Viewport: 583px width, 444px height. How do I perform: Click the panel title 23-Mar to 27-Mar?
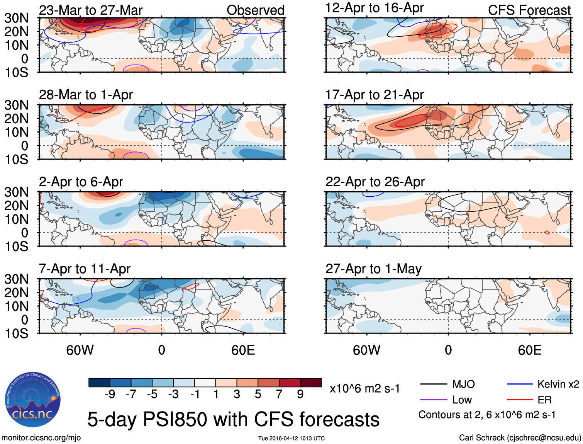pos(91,10)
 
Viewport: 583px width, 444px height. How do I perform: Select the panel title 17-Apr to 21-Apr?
pos(375,95)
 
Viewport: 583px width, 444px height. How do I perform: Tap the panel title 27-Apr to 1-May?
pos(373,269)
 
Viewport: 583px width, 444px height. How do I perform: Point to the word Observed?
pos(255,10)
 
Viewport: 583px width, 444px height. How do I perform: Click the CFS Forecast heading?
pos(529,10)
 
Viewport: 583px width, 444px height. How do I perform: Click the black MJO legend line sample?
pos(433,384)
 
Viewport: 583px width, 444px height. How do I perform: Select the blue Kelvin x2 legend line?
pos(520,384)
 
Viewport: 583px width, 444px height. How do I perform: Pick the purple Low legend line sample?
pos(433,400)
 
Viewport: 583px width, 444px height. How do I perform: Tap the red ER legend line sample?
pos(520,400)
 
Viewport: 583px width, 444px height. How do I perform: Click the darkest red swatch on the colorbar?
pos(311,383)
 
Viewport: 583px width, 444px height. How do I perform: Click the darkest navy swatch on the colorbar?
pos(99,383)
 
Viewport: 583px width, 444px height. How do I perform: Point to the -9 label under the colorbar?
pos(110,394)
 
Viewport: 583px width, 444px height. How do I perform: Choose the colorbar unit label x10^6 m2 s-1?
pos(364,388)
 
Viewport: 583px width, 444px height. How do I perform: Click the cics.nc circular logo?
pos(33,400)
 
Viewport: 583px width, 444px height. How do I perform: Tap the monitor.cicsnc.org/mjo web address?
pos(41,437)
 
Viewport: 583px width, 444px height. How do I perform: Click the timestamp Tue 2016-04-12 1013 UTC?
pos(291,438)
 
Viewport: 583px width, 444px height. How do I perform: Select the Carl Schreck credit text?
pos(520,437)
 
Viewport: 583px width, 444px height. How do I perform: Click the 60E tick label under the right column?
pos(529,350)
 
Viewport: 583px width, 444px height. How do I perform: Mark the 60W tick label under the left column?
pos(80,350)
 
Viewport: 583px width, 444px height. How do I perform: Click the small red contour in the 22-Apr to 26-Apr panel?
pos(547,232)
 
